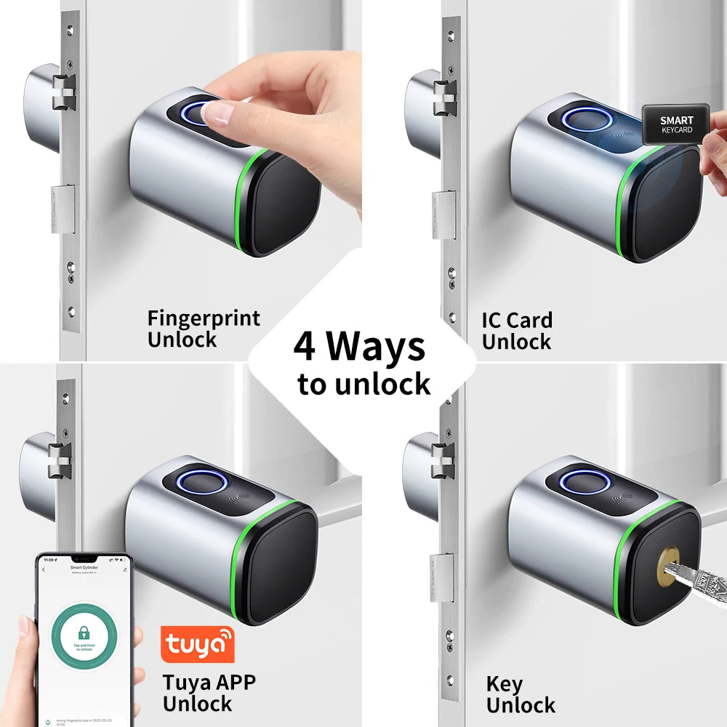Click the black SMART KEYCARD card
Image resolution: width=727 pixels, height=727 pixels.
click(675, 124)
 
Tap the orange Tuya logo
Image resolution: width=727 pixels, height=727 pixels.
click(197, 643)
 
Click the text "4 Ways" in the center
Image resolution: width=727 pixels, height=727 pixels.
click(359, 347)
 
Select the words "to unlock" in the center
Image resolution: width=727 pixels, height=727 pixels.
click(363, 384)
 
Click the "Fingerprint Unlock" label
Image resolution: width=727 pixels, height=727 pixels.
click(203, 329)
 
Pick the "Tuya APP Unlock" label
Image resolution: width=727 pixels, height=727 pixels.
click(209, 693)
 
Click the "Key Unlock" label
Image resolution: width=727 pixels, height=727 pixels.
click(520, 694)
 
